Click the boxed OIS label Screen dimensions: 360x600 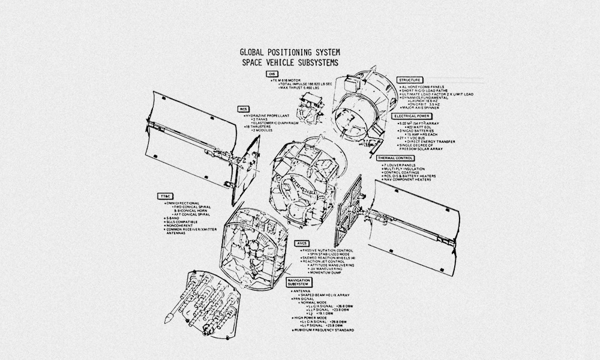tap(272, 74)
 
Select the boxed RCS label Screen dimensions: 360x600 tap(243, 109)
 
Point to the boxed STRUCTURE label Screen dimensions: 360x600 tap(410, 80)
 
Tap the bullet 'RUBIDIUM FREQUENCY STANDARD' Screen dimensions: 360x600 tap(324, 330)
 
